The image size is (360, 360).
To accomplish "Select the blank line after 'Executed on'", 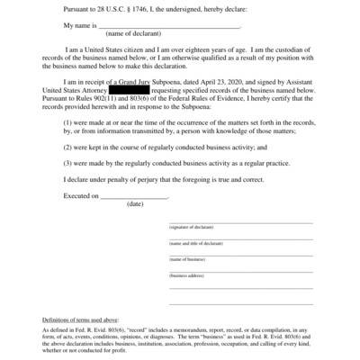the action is click(134, 195).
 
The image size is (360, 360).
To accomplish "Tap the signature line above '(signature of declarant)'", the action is click(239, 222).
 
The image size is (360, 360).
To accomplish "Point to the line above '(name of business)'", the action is click(239, 254).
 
